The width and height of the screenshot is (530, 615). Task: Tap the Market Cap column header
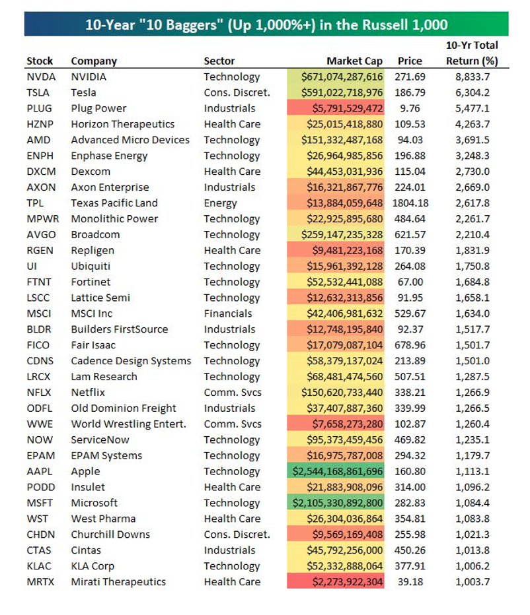tap(354, 61)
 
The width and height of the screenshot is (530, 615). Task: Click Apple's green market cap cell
tap(335, 471)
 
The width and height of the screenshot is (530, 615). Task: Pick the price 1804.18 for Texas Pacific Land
tap(410, 203)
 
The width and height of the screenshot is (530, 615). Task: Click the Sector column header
tap(219, 61)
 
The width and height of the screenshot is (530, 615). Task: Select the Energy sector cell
tap(220, 203)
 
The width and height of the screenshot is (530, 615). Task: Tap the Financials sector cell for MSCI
tap(227, 313)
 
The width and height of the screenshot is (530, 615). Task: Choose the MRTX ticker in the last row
tap(40, 582)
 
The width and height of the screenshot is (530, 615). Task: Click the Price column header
tap(410, 61)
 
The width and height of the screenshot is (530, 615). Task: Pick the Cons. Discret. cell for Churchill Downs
tap(237, 534)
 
